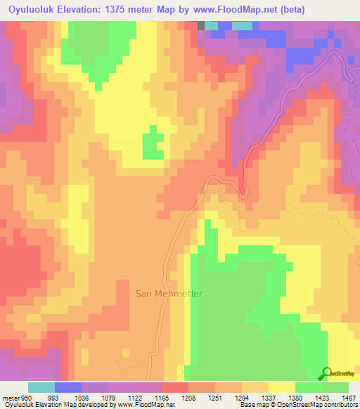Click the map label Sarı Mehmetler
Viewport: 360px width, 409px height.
pyautogui.click(x=169, y=293)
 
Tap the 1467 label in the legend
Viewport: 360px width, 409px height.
pyautogui.click(x=348, y=397)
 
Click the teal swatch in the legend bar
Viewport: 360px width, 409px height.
pyautogui.click(x=41, y=387)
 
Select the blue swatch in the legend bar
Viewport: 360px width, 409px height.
pyautogui.click(x=67, y=387)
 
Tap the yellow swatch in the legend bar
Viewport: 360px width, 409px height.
pyautogui.click(x=281, y=387)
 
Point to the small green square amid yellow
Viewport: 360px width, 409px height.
pyautogui.click(x=153, y=146)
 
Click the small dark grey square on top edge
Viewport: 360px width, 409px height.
pyautogui.click(x=202, y=25)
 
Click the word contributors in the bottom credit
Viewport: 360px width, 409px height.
pyautogui.click(x=340, y=405)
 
